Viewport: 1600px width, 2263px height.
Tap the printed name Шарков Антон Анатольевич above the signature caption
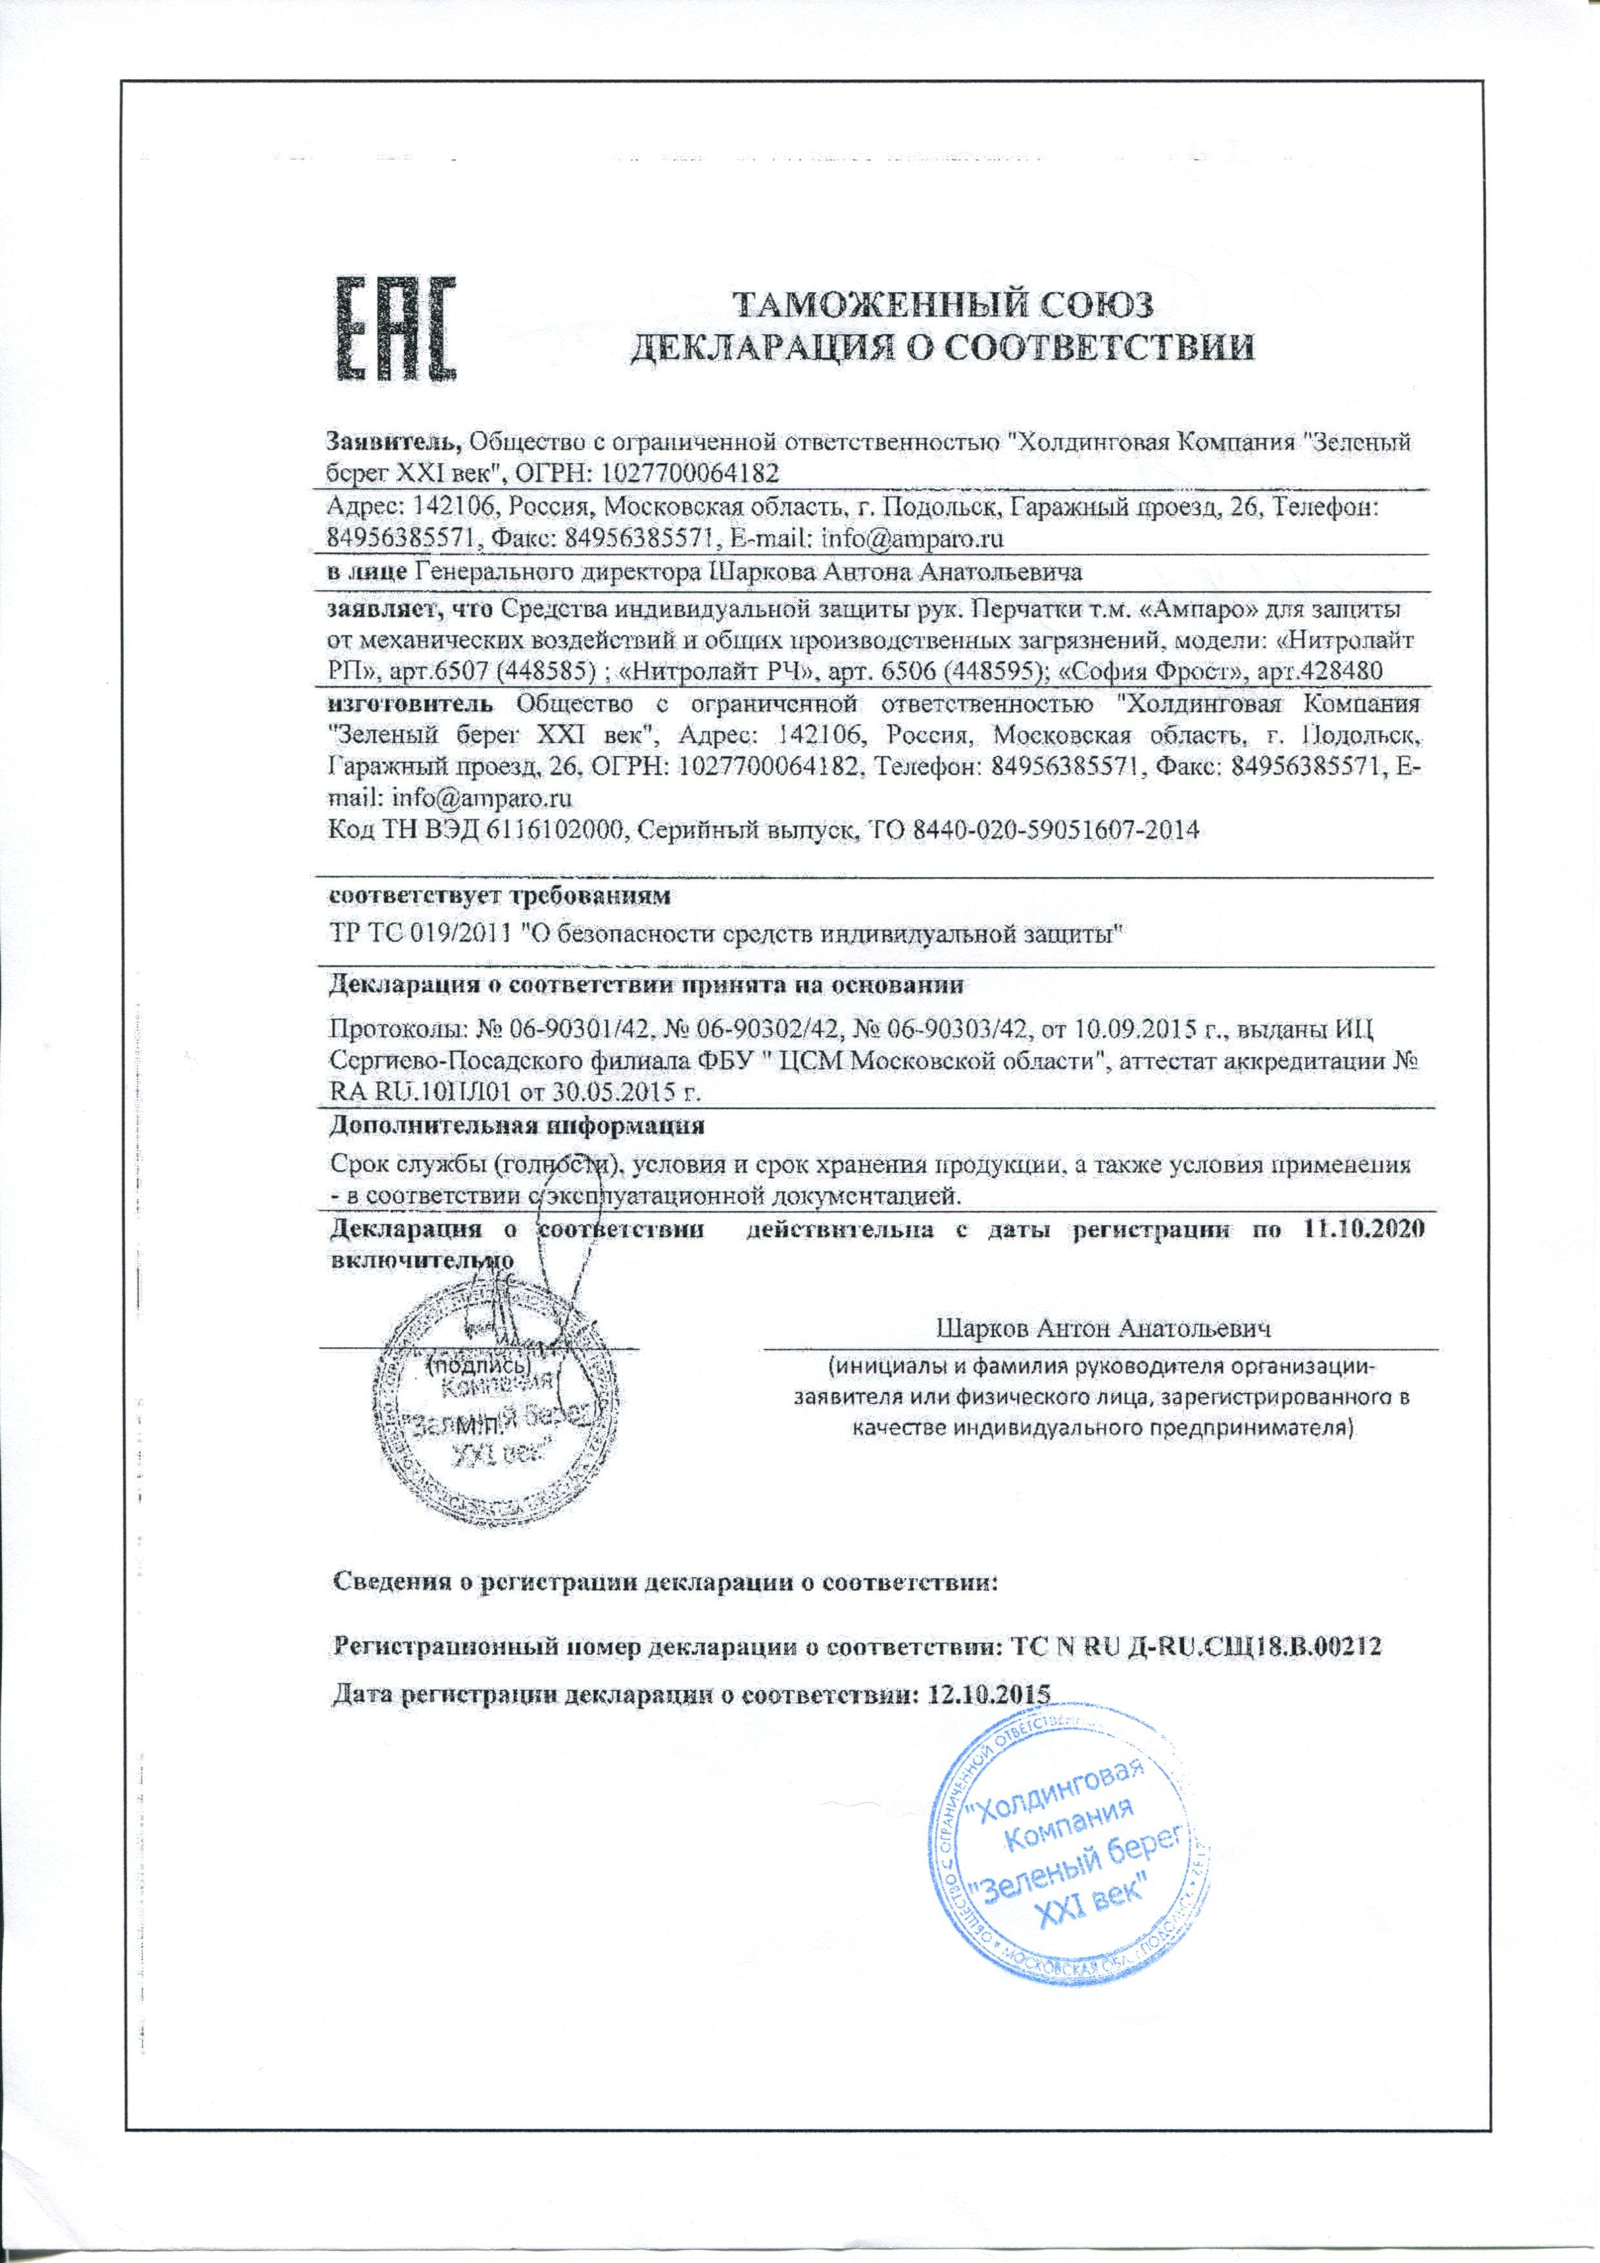(1102, 1328)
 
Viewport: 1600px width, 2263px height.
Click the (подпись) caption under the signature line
(478, 1367)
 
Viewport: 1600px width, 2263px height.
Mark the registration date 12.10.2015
(987, 1694)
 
